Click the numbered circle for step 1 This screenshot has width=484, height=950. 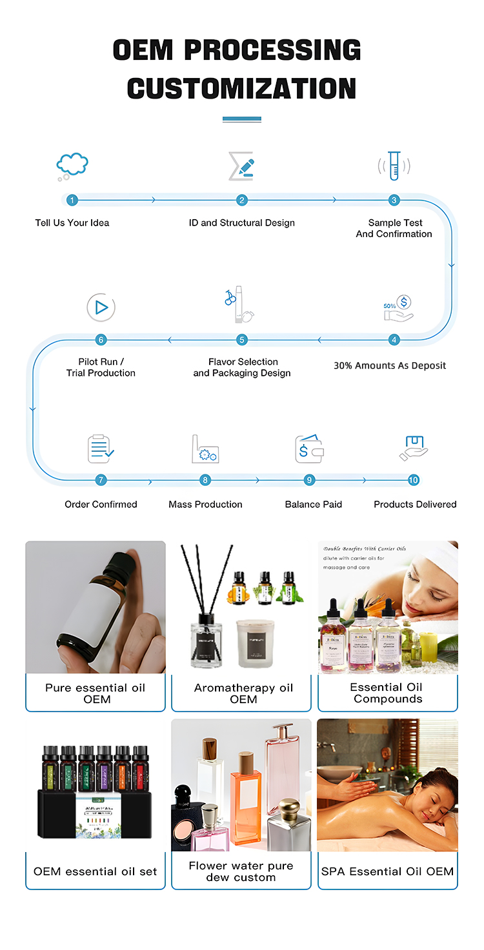[x=72, y=200]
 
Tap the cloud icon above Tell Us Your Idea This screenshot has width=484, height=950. [x=72, y=165]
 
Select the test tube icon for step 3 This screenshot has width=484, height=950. [x=394, y=166]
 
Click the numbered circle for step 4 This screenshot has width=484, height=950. [x=394, y=340]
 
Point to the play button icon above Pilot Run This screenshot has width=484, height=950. [x=101, y=307]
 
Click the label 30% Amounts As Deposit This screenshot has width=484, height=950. [x=390, y=365]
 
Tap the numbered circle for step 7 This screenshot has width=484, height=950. [x=101, y=480]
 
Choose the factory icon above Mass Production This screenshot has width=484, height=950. [x=205, y=449]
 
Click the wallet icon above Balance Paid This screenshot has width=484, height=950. [x=310, y=449]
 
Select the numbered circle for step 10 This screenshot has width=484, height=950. [x=414, y=480]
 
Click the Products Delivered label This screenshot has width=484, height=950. [x=415, y=504]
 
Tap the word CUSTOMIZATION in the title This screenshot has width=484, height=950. [x=241, y=88]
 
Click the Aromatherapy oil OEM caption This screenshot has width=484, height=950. [x=243, y=693]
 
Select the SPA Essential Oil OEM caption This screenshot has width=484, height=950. [x=387, y=871]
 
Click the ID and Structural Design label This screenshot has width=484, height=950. [x=241, y=223]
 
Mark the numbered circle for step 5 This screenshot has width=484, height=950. [x=242, y=340]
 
